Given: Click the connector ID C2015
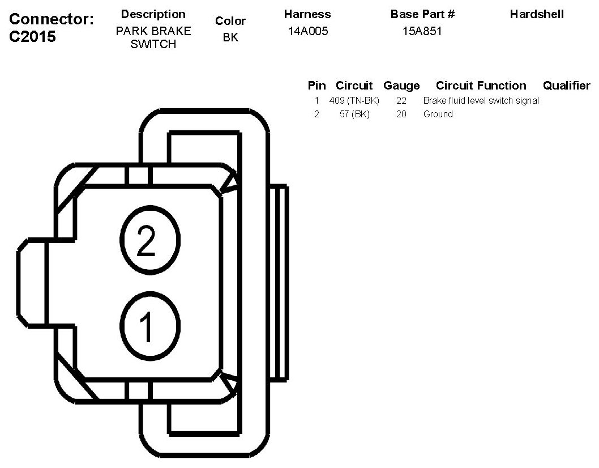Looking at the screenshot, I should tap(33, 37).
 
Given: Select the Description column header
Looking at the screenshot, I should tap(153, 14).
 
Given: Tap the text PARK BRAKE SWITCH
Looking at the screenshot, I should tap(153, 37).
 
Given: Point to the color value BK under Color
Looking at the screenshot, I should tap(230, 38).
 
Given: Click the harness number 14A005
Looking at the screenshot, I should tap(307, 31).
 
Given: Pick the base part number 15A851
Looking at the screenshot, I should tap(422, 31).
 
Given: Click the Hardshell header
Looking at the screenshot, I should tap(536, 14).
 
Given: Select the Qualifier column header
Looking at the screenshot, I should tap(566, 86).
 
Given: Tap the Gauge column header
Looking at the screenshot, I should tap(401, 86).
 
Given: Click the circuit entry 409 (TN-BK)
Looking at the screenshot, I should tap(354, 101).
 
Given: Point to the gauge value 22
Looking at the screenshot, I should tap(401, 101).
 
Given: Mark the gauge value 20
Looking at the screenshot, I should tap(401, 114).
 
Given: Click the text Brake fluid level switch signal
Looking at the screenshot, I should tap(481, 101).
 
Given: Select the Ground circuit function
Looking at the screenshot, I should tap(438, 114).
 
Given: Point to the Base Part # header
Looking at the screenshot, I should tap(422, 14).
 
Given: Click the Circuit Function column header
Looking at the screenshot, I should tap(481, 86).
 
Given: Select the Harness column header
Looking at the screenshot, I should tap(307, 14).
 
